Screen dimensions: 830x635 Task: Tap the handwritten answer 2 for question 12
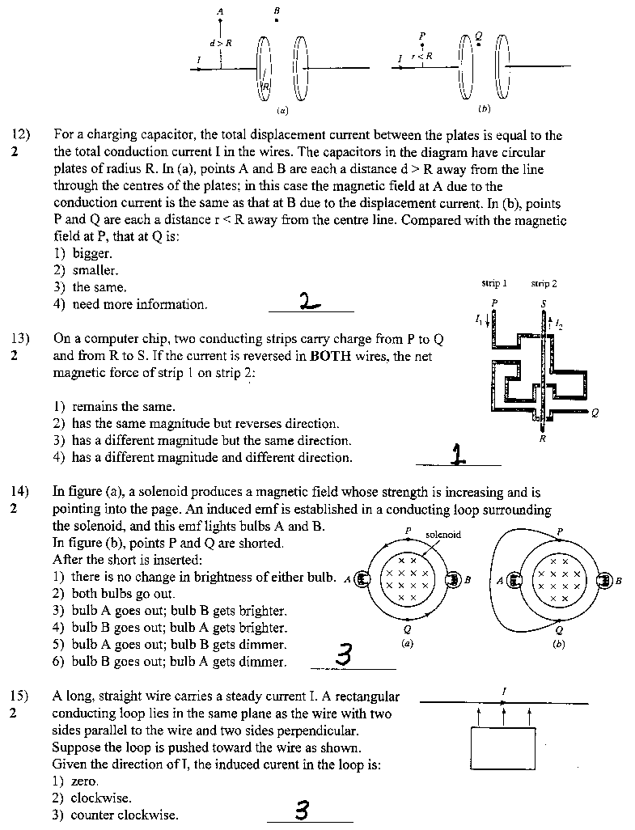(309, 302)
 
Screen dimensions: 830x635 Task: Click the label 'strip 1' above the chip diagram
(494, 284)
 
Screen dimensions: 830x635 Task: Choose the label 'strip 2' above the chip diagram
(544, 284)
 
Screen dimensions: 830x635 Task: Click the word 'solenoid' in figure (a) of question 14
(442, 535)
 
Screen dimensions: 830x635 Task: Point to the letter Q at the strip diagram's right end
(595, 412)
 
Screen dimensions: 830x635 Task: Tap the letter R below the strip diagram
(542, 439)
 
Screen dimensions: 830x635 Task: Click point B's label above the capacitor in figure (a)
(277, 10)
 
